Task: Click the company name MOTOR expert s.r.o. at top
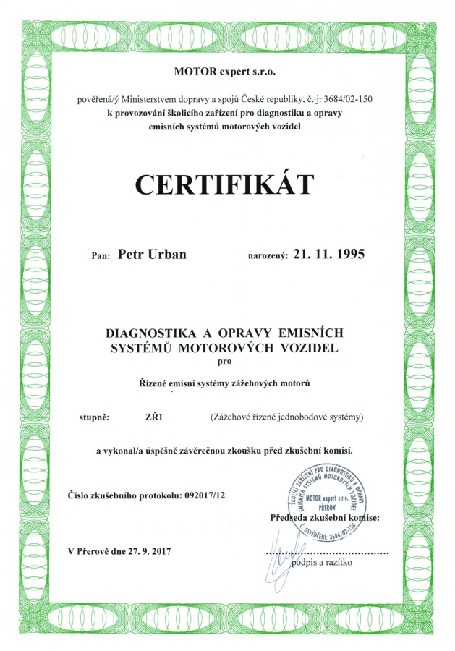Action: tap(225, 71)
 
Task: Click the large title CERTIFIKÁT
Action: tap(225, 184)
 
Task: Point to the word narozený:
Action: tap(268, 255)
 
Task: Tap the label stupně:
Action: tap(94, 417)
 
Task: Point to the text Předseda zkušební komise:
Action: tap(330, 518)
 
